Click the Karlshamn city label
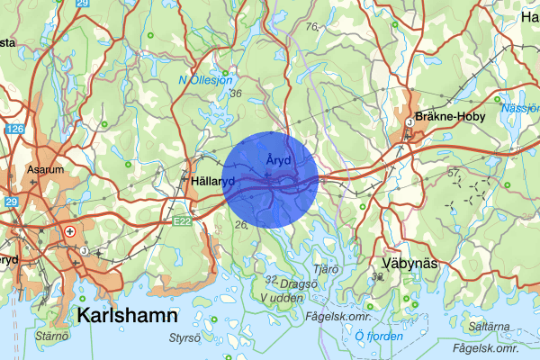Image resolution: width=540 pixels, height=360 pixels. pos(128,316)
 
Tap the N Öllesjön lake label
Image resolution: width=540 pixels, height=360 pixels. pos(206,80)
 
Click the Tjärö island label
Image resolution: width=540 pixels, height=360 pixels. pos(326,267)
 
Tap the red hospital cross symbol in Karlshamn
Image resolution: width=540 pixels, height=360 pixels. pos(69,232)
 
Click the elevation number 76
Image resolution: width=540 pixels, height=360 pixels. pos(311,27)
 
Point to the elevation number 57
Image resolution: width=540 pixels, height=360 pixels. pos(454,171)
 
